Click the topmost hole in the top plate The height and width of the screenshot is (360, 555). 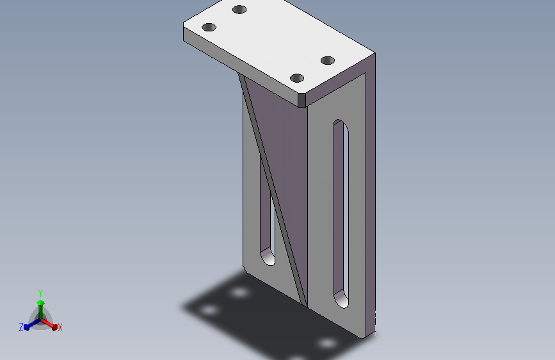coord(239,10)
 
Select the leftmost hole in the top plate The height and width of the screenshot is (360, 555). coord(209,28)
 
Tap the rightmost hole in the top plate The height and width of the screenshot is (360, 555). coord(327,61)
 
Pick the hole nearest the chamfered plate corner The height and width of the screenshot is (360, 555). coord(296,78)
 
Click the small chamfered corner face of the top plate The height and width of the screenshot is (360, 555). coord(302,101)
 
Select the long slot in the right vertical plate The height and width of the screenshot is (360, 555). coord(341,214)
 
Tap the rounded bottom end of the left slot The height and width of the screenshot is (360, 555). coord(268,257)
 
